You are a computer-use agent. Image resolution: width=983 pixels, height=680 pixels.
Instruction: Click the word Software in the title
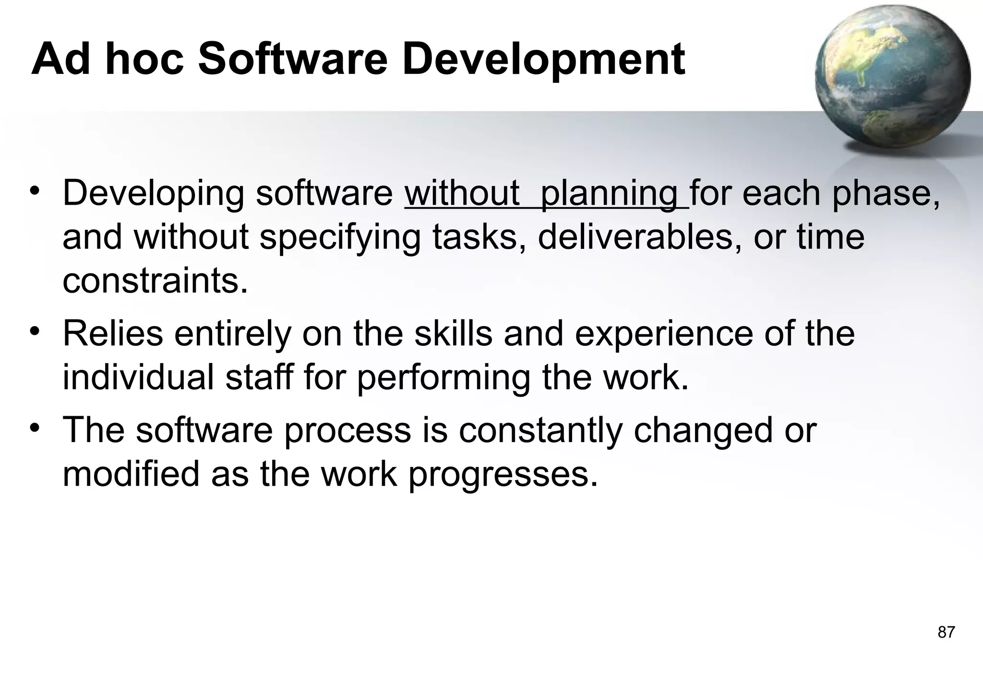[292, 59]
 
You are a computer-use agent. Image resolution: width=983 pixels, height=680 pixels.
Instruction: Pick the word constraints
[155, 281]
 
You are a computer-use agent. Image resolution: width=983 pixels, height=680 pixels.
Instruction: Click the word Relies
[113, 334]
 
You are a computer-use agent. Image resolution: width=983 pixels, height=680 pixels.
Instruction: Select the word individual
[138, 378]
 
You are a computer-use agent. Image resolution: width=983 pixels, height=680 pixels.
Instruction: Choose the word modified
[131, 474]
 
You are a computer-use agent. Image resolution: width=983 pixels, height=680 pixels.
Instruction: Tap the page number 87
[946, 633]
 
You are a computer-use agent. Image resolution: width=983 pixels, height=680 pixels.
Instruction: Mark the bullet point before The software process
[34, 427]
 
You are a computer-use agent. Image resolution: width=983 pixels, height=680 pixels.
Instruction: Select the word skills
[453, 334]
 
